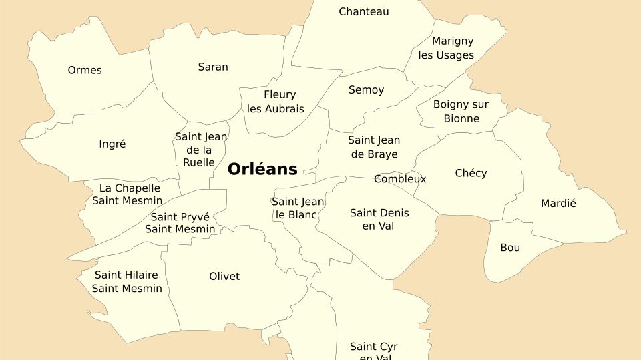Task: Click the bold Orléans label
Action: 262,169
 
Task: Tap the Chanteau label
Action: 363,11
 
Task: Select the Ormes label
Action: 85,70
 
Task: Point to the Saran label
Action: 213,67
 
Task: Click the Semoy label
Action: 366,89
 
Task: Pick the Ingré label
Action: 112,144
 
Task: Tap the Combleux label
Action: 400,179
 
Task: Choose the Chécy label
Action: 471,173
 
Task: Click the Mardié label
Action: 558,203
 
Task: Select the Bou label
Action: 510,248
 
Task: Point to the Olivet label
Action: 224,276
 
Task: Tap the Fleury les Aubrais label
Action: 276,102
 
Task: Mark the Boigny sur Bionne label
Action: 461,112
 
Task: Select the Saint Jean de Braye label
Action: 374,147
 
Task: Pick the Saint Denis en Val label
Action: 379,220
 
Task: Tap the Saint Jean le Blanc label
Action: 298,208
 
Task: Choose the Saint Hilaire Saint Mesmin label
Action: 127,281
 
